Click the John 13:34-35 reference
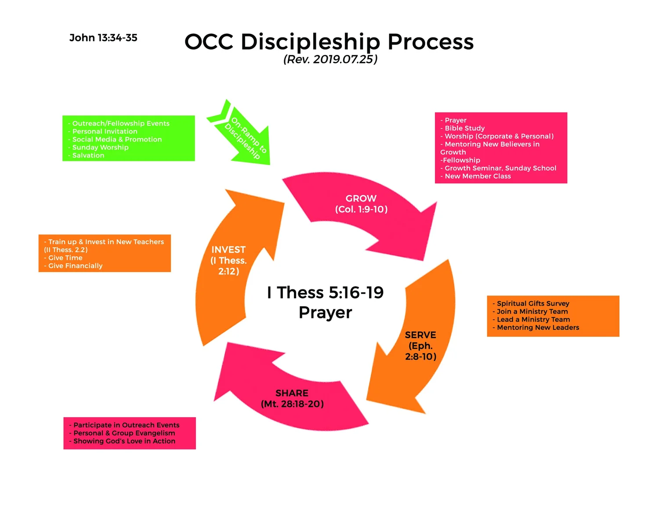(103, 38)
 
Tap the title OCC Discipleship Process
(329, 42)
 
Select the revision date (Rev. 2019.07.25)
(330, 59)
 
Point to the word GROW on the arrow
(361, 198)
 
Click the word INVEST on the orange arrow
(228, 249)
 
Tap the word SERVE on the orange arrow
(420, 335)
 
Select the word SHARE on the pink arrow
(292, 393)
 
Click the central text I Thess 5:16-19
(325, 292)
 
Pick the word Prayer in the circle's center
(325, 312)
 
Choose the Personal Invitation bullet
(103, 131)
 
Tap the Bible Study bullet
(463, 128)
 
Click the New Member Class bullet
(475, 176)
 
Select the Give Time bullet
(63, 258)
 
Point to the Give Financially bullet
(73, 266)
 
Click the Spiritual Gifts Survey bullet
(531, 303)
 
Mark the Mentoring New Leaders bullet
(536, 328)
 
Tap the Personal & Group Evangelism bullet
(122, 433)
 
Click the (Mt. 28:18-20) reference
(292, 404)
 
